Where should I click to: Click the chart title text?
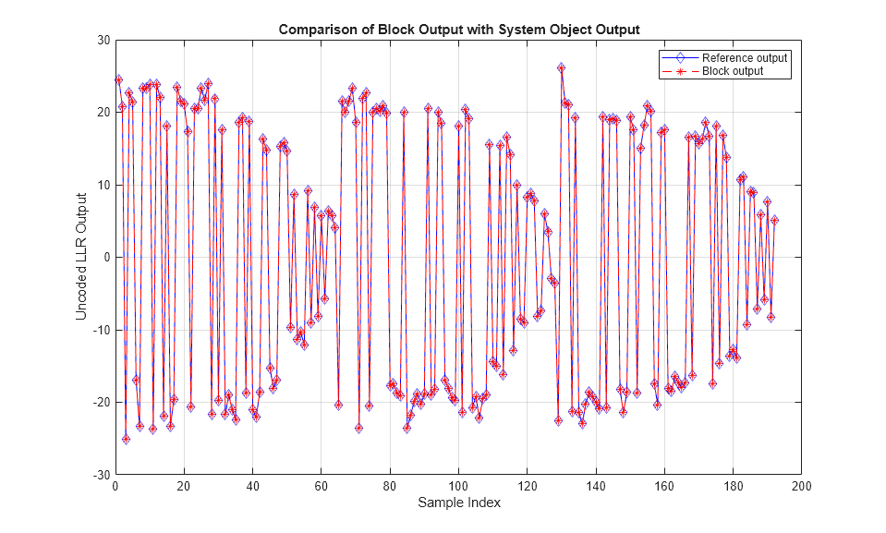(459, 30)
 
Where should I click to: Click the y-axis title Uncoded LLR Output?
(81, 256)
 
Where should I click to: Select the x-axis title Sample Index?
(458, 503)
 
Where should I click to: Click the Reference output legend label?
(745, 58)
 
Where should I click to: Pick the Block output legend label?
(733, 71)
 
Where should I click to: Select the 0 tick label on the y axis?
(105, 257)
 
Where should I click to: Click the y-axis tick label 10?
(103, 185)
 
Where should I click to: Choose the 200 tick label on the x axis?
(802, 486)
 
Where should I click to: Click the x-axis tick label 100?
(458, 486)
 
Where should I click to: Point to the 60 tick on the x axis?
(321, 486)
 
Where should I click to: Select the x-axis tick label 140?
(596, 486)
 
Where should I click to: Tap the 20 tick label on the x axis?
(184, 486)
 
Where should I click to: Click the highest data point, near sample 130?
(561, 67)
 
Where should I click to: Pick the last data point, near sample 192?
(774, 220)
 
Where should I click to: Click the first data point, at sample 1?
(118, 79)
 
